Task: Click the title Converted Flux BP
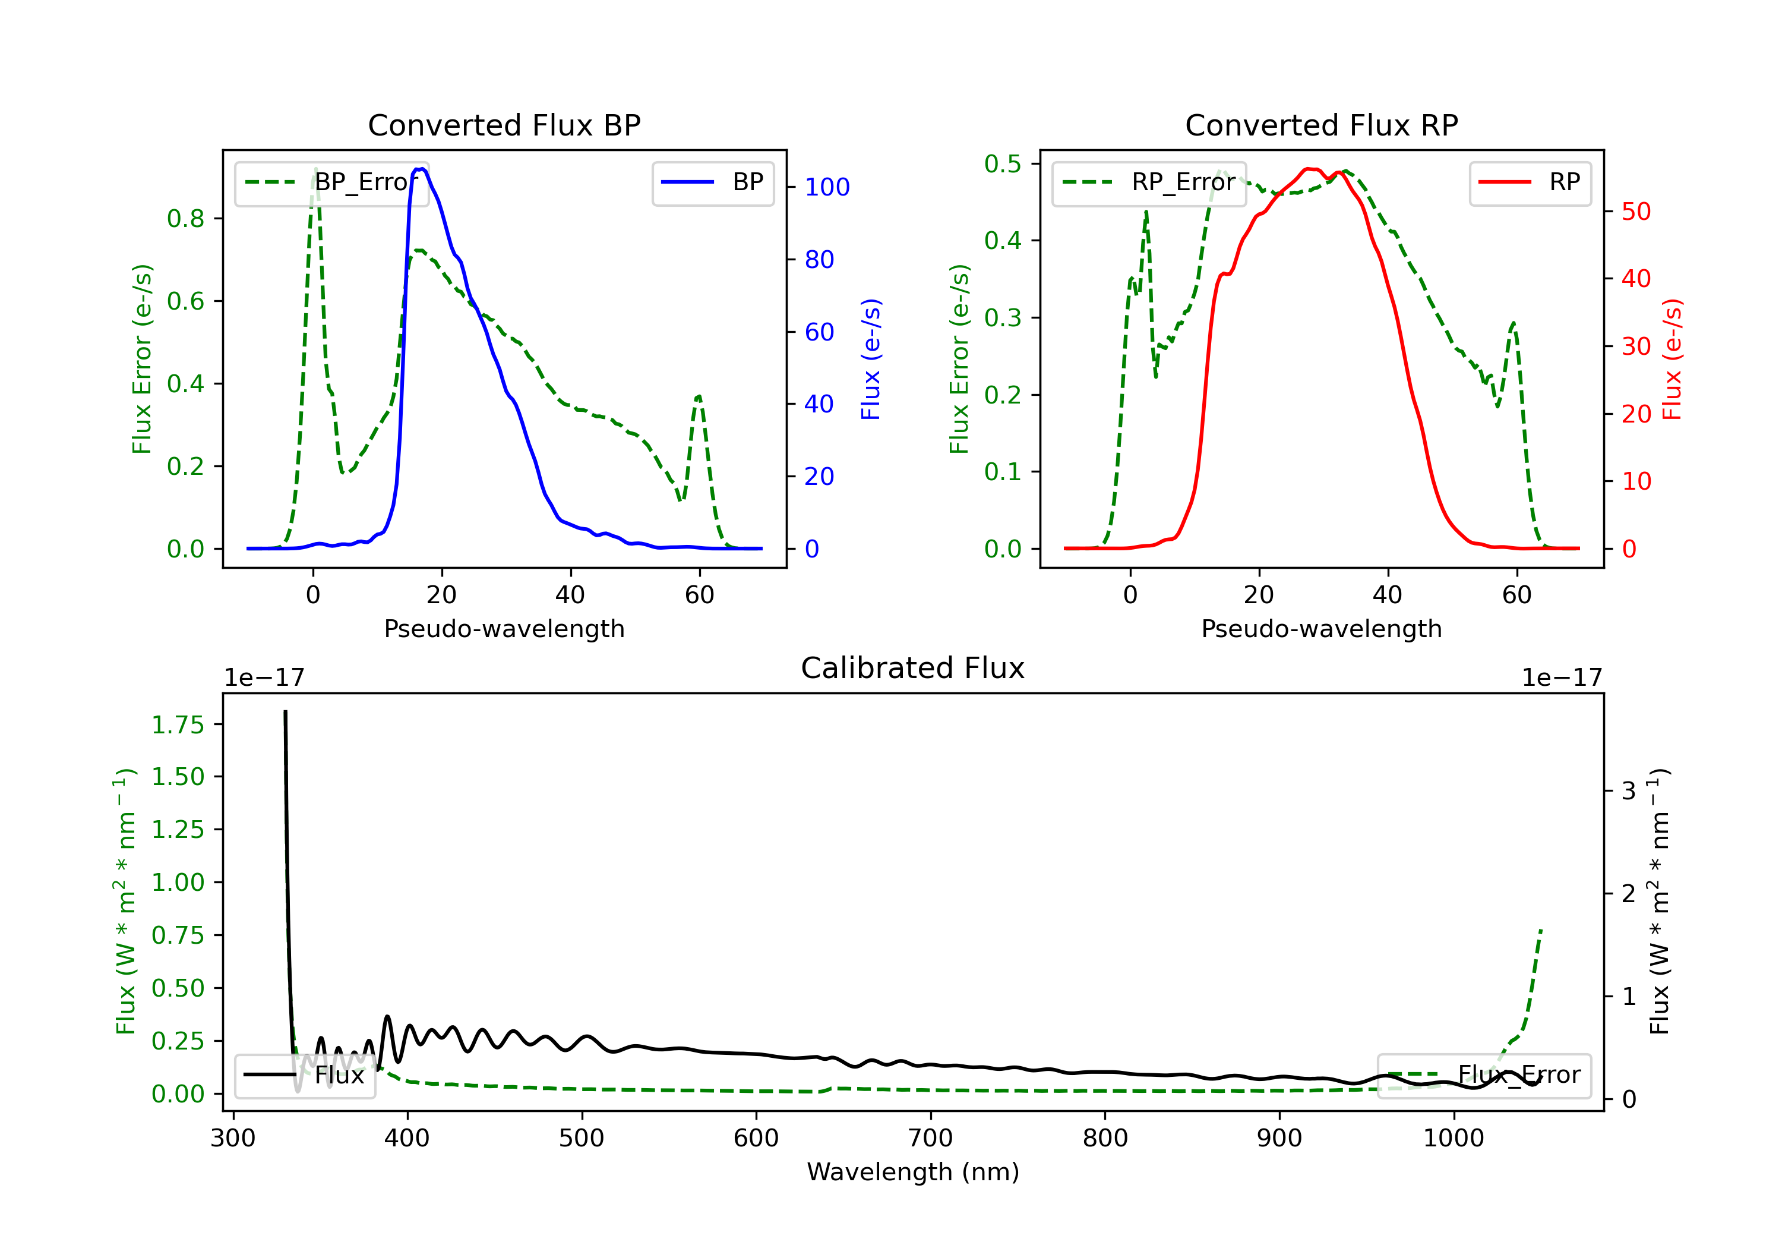504,125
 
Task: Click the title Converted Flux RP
1322,125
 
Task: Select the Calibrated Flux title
913,668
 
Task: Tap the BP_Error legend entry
331,182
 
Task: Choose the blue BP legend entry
712,182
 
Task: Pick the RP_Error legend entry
1149,182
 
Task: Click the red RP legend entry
1530,182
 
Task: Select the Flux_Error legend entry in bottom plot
1484,1075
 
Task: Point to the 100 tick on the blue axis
827,187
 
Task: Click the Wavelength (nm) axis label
913,1172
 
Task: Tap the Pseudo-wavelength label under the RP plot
1322,628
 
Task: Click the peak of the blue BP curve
420,169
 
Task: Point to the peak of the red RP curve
1310,169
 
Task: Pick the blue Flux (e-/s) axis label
871,359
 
